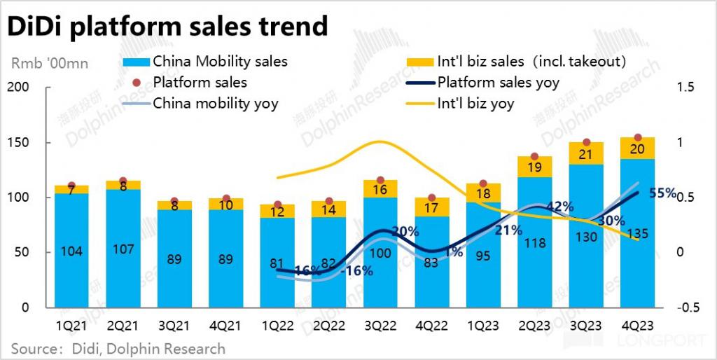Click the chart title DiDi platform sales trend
coord(167,26)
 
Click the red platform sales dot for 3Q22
coord(381,181)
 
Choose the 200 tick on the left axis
coord(24,88)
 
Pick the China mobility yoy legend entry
coord(215,104)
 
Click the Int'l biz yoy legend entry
coord(475,104)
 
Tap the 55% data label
coord(662,193)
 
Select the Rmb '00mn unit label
coord(50,64)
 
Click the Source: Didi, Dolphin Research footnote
coord(118,348)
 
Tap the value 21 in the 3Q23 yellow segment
coord(587,154)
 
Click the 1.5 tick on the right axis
coord(685,88)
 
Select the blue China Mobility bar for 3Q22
coord(381,252)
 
